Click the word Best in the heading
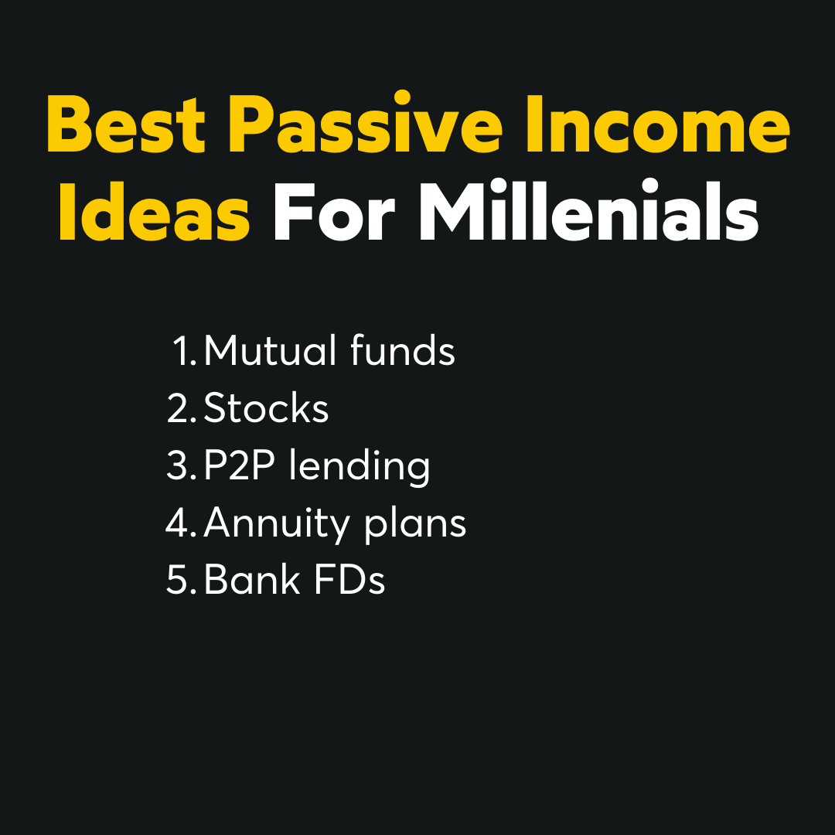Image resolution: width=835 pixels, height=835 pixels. point(126,124)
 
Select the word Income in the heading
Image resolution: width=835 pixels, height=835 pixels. point(657,124)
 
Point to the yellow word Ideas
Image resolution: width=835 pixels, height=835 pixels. point(155,210)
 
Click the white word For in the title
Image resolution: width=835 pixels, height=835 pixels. point(334,212)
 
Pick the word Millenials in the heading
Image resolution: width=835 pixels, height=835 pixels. point(588,210)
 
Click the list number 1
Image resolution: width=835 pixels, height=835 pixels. point(185,351)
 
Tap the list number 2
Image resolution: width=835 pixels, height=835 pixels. point(182,408)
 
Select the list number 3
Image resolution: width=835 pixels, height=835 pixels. point(182,465)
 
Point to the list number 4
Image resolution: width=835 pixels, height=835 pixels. point(181,523)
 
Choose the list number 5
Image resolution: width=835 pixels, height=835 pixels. point(182,580)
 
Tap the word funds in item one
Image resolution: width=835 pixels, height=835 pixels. point(403,350)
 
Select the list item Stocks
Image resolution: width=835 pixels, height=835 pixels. point(266,408)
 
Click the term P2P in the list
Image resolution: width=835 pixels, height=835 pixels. point(240,465)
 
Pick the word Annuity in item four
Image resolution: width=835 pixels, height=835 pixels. point(276,524)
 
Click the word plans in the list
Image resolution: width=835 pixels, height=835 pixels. point(415,524)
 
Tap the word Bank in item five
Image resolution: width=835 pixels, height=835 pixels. point(252,579)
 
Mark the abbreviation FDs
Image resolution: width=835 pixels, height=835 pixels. point(349,579)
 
